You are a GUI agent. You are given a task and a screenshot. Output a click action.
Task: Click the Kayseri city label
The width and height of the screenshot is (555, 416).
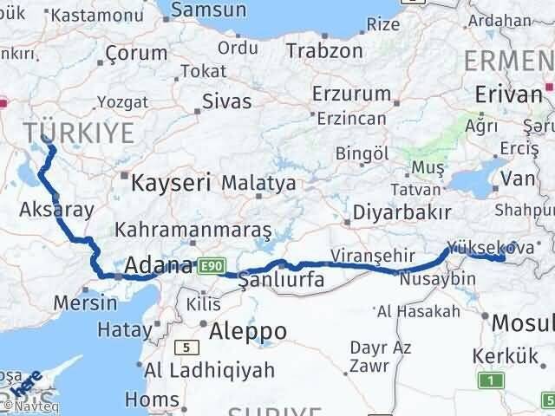tap(172, 183)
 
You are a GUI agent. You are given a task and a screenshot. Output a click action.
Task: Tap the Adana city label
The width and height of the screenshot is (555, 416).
tap(160, 265)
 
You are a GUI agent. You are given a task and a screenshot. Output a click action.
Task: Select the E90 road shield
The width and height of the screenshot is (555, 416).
tap(212, 266)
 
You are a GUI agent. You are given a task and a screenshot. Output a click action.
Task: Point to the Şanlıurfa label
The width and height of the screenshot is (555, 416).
tap(281, 279)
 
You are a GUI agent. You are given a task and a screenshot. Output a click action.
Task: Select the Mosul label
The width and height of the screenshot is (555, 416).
tap(522, 323)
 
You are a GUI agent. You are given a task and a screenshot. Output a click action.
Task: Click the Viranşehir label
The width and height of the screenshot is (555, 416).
tap(368, 256)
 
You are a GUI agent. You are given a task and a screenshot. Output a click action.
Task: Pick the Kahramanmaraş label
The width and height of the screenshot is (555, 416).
tap(193, 231)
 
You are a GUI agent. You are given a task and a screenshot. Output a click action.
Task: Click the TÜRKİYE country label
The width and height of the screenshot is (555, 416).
tap(79, 133)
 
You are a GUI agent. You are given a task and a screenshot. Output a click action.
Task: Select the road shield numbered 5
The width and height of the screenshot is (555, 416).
tap(186, 348)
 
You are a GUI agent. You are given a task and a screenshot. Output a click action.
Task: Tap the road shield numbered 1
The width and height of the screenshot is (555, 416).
tap(493, 380)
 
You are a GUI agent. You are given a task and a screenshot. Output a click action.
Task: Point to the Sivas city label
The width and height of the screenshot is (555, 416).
tap(226, 101)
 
